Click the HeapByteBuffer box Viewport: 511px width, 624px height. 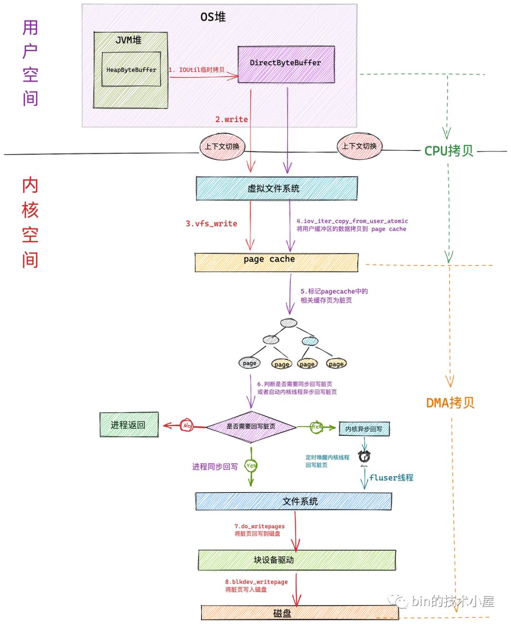point(131,70)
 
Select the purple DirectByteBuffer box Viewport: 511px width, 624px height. point(286,63)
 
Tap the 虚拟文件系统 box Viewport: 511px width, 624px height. point(276,188)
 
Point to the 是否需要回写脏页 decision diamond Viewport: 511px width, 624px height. point(251,426)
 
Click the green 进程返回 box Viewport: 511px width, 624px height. point(129,425)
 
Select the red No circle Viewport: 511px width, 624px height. point(187,426)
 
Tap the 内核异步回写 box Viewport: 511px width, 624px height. point(364,429)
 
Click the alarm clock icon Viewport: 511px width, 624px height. point(364,457)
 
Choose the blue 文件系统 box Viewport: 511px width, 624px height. point(293,501)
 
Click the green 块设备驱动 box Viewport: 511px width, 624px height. point(296,560)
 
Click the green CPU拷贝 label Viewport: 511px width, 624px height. point(449,151)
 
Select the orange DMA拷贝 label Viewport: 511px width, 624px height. point(450,403)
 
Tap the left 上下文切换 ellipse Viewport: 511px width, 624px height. point(222,146)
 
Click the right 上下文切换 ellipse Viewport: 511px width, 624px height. point(359,146)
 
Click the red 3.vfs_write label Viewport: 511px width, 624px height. point(211,224)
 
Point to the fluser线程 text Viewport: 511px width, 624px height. point(391,478)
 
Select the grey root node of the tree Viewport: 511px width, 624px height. point(288,323)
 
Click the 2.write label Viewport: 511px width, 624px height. point(231,119)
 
